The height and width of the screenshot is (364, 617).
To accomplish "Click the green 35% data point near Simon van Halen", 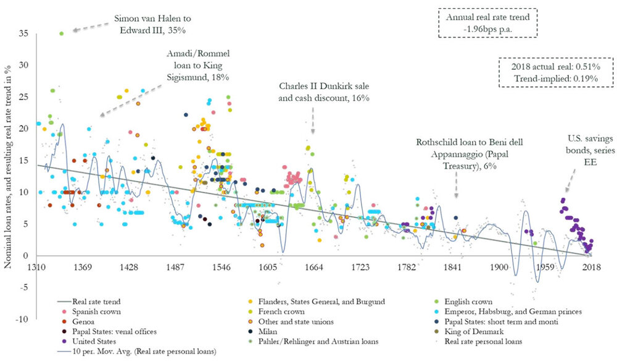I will click(x=61, y=33).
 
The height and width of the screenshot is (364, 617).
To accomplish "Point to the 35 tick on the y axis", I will click(x=25, y=33).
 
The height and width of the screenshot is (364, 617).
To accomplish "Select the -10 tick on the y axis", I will click(x=23, y=319).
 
